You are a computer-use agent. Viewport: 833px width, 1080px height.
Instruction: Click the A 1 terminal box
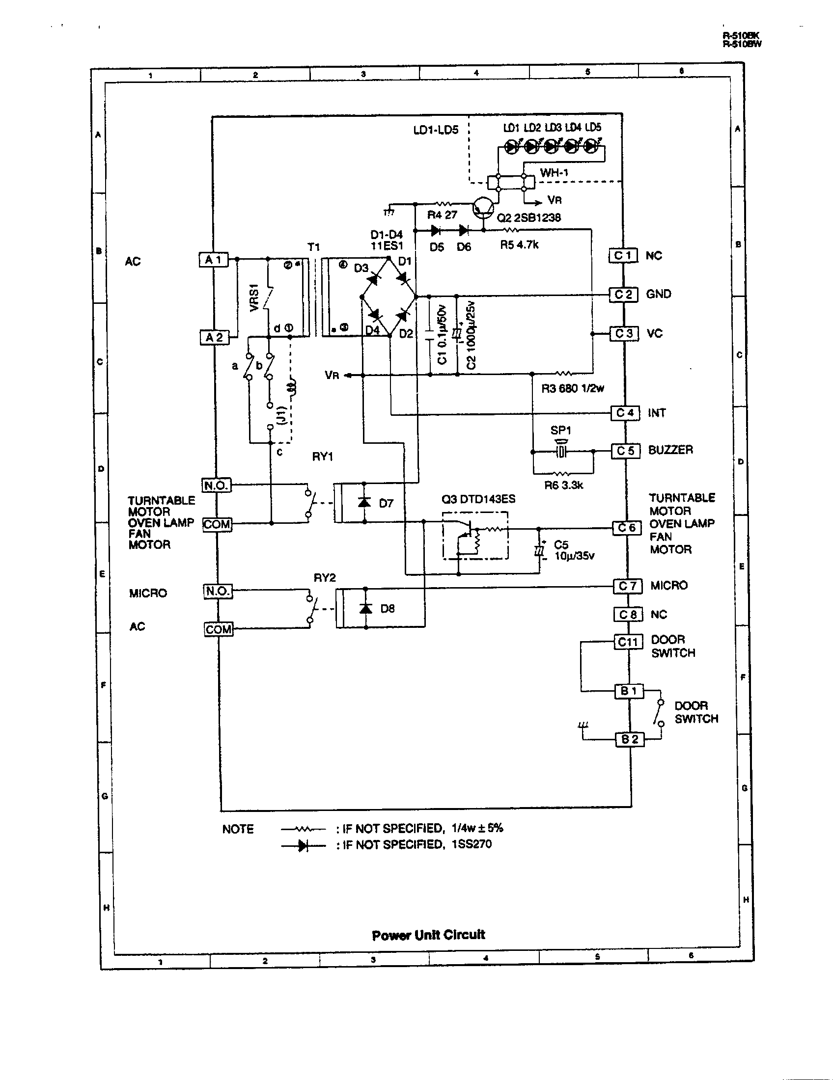pos(214,260)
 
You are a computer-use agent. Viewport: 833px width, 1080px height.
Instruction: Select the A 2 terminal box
pos(214,337)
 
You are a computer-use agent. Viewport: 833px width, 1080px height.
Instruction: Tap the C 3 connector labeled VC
pos(624,333)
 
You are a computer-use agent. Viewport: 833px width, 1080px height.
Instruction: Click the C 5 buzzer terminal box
pos(626,451)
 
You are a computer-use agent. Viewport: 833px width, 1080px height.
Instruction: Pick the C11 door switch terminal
pos(628,642)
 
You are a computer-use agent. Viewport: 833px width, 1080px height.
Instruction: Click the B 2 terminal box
pos(630,739)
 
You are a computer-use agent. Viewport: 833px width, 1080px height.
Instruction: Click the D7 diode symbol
pos(365,502)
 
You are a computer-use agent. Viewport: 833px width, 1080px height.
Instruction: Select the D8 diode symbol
pos(366,608)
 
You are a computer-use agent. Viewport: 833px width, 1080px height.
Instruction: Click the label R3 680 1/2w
pos(572,388)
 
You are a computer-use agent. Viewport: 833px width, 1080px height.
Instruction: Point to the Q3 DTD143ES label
pos(478,499)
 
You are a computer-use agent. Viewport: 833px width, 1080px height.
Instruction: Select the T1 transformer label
pos(314,247)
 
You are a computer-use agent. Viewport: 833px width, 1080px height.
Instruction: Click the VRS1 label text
pos(254,297)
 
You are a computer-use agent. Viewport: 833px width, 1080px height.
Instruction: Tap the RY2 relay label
pos(325,578)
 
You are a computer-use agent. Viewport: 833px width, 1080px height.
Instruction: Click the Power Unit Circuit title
pos(428,935)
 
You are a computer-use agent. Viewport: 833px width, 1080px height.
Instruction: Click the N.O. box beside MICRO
pos(218,591)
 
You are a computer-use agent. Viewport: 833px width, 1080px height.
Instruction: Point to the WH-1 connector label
pos(554,173)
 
